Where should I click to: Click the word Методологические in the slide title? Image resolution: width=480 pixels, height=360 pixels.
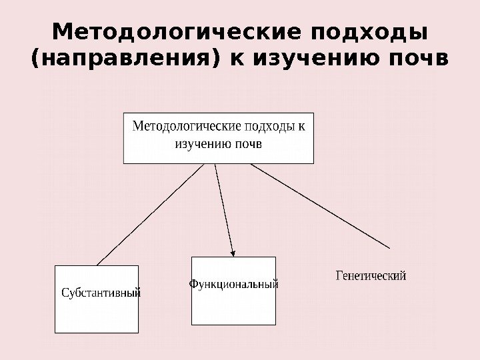click(169, 32)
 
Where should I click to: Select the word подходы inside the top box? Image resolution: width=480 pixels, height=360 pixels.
click(270, 127)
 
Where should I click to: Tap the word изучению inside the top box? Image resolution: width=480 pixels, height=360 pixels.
click(203, 143)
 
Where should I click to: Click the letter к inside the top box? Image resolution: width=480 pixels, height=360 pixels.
click(301, 127)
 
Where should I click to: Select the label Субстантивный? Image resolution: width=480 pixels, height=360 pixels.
click(101, 292)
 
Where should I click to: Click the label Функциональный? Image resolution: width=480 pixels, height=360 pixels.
click(233, 284)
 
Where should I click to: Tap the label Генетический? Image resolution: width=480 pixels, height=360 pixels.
click(371, 275)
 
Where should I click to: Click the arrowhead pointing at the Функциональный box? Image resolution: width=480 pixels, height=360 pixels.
click(233, 252)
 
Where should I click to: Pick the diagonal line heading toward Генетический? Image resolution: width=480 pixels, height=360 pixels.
click(320, 205)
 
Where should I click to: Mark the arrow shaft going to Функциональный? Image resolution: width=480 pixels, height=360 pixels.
click(223, 207)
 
